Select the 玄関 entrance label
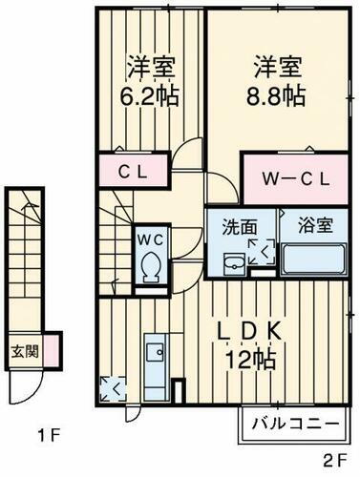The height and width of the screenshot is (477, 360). pos(25,349)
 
